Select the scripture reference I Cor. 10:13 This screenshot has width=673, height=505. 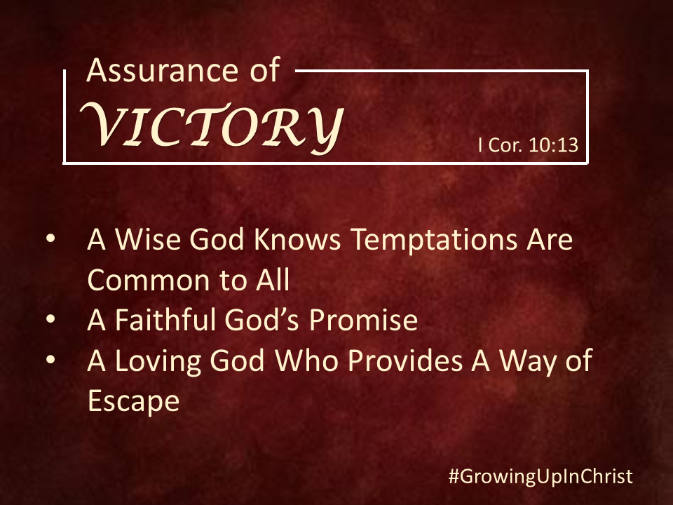(529, 145)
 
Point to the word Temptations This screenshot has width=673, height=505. (435, 240)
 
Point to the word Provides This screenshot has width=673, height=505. (405, 360)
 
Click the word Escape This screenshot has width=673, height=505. (133, 401)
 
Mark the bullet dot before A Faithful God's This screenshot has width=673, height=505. (50, 319)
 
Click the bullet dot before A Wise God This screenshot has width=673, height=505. (50, 238)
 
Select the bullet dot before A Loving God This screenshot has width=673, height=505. (50, 359)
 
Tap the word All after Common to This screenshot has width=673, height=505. (273, 279)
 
